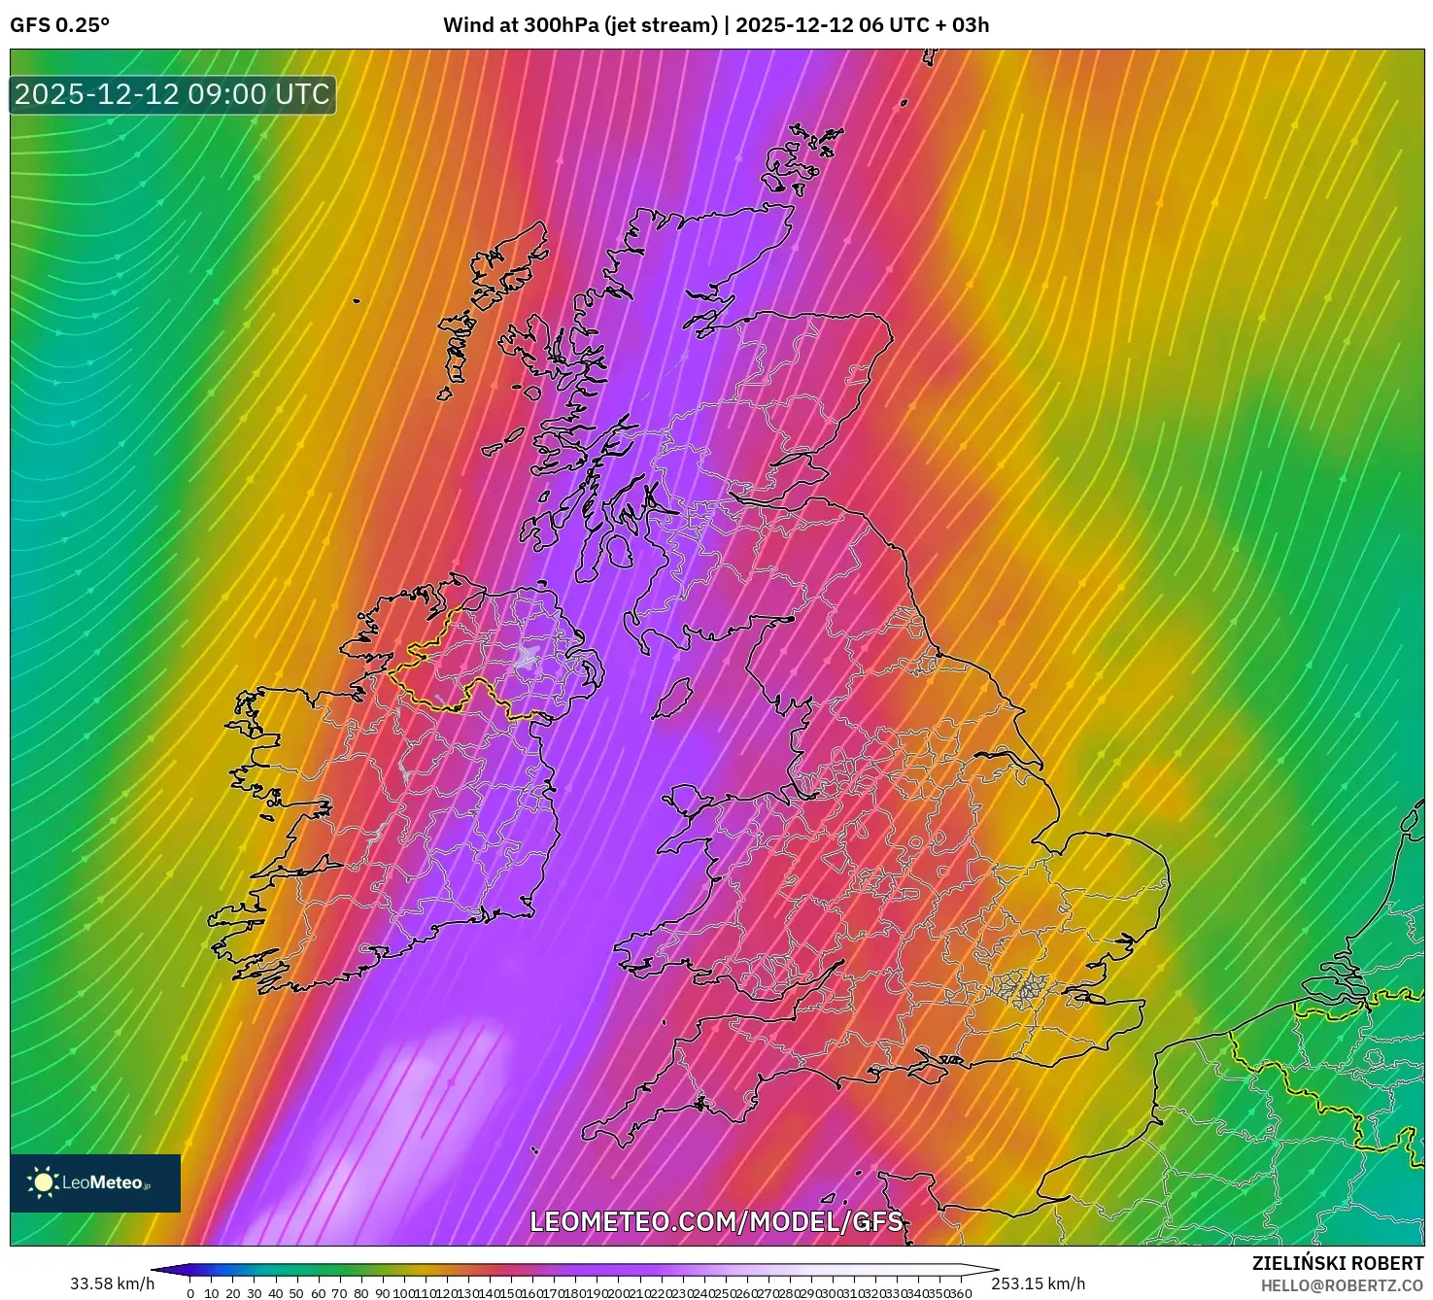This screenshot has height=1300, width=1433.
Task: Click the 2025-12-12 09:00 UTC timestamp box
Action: click(x=173, y=94)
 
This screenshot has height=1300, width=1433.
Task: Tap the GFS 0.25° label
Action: click(x=59, y=25)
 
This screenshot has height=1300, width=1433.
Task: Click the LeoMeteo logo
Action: click(x=95, y=1182)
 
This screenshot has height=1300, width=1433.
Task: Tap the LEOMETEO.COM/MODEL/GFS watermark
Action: click(x=716, y=1221)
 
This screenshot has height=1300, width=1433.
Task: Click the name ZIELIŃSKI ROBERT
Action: click(x=1337, y=1263)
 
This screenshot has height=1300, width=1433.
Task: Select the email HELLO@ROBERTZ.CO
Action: click(x=1341, y=1285)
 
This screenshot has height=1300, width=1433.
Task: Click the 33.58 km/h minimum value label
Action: click(x=112, y=1283)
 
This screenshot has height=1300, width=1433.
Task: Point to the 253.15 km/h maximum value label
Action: click(x=1038, y=1283)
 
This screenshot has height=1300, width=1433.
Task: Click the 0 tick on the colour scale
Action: click(x=190, y=1293)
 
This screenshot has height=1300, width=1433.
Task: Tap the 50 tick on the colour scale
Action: click(x=296, y=1293)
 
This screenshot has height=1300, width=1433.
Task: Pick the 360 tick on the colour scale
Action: click(x=960, y=1293)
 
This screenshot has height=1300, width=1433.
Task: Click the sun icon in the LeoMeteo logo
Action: click(x=43, y=1181)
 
